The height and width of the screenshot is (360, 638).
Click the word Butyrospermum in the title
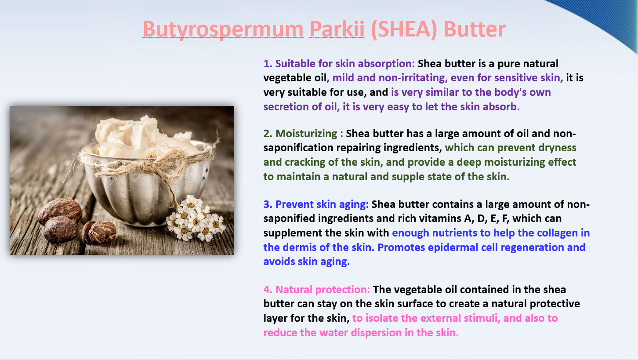pos(223,29)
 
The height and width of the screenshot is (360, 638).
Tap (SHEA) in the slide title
pos(404,29)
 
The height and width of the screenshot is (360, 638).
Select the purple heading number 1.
pos(268,64)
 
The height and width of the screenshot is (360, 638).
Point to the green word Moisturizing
pos(306,134)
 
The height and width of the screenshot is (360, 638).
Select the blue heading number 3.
pos(268,204)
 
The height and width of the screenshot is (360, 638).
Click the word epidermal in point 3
pos(453,248)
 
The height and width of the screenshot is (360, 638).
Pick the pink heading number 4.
pos(268,290)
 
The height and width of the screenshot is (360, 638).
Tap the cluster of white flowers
pos(196,218)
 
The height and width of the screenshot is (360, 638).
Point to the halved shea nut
pos(99,232)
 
